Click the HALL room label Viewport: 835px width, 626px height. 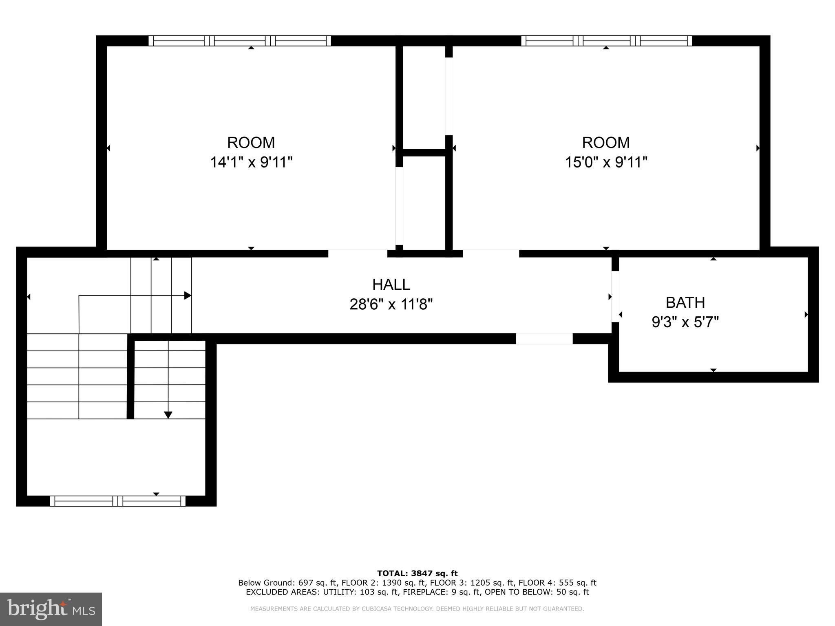tap(391, 284)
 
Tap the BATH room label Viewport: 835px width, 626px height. tap(685, 302)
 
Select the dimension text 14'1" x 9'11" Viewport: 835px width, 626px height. tap(251, 162)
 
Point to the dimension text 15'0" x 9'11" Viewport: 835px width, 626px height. tap(606, 162)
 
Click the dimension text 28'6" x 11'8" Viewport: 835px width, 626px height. tap(391, 304)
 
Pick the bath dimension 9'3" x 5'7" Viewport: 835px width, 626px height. tap(685, 322)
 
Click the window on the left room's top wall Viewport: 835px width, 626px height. tap(240, 41)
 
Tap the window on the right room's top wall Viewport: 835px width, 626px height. tap(606, 41)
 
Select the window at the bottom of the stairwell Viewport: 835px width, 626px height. tap(117, 501)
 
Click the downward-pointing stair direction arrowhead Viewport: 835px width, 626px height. tap(168, 415)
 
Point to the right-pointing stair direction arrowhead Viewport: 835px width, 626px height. tap(188, 295)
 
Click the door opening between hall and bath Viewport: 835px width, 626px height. tap(615, 296)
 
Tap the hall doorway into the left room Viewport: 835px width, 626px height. tap(358, 253)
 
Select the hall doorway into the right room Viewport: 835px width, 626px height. tap(491, 253)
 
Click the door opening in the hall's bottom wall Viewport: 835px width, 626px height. tap(544, 339)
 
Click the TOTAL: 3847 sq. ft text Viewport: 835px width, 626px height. tap(417, 573)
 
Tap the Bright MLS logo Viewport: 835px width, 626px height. tap(51, 609)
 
